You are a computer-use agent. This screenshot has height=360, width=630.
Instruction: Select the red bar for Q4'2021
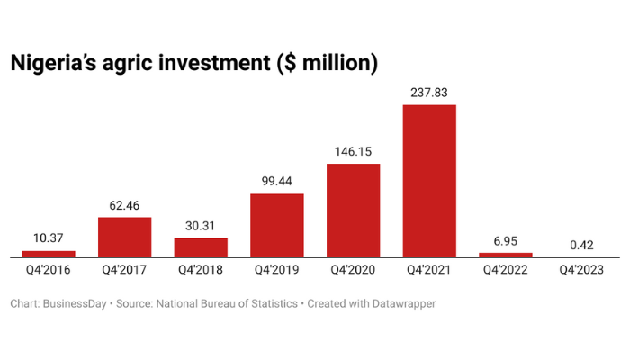point(429,181)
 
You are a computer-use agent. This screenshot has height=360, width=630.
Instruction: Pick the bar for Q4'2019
point(276,225)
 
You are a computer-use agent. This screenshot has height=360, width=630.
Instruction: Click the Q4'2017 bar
point(124,237)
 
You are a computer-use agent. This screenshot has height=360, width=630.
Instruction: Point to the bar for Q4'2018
point(201,247)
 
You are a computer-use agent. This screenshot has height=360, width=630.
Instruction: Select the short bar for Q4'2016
point(49,254)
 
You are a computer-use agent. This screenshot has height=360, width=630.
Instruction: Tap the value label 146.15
point(353,151)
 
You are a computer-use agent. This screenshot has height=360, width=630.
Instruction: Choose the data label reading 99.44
point(276,181)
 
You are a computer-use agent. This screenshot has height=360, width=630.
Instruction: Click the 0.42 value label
point(581,244)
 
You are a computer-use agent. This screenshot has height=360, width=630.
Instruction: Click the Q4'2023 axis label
point(581,269)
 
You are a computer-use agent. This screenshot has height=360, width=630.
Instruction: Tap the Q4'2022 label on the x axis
point(505,269)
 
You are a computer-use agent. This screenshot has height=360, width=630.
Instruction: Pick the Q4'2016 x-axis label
point(49,269)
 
